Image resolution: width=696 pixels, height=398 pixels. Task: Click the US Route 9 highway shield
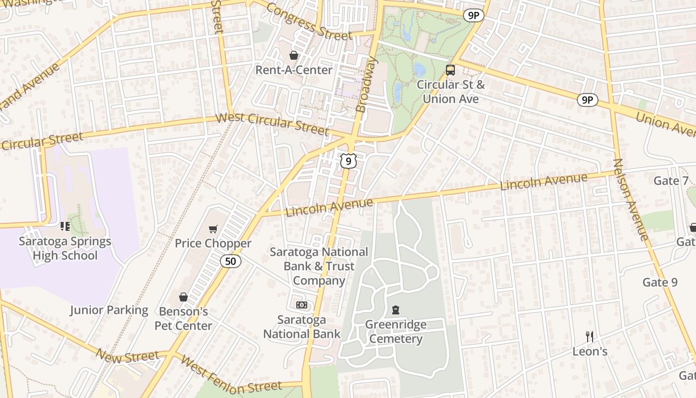[x=349, y=161]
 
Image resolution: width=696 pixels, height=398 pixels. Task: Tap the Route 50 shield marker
[x=231, y=261]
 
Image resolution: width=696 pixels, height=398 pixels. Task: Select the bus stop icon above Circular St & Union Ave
[x=450, y=70]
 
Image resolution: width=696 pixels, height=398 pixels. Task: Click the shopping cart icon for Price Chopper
[x=213, y=229]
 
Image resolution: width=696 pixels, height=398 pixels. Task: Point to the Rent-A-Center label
[x=294, y=70]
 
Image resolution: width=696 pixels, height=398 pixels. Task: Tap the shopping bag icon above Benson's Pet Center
[x=183, y=297]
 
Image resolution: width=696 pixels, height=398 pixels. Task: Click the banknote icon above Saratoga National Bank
[x=302, y=305]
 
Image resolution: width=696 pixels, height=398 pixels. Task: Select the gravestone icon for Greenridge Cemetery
[x=396, y=310]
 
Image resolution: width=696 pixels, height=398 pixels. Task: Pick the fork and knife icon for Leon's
[x=590, y=337]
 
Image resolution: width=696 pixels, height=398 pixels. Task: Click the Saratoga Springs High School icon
[x=65, y=227]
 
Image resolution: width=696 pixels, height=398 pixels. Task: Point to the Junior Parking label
[x=109, y=310]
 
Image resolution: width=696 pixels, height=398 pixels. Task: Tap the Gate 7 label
[x=671, y=181]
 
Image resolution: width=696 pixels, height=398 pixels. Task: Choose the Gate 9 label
[x=660, y=283]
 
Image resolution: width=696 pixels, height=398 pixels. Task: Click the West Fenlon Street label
[x=231, y=376]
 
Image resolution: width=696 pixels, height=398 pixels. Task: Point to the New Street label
[x=127, y=356]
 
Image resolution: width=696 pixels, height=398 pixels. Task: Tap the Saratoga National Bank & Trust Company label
[x=319, y=266]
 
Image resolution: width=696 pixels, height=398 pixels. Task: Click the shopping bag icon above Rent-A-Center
[x=294, y=55]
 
